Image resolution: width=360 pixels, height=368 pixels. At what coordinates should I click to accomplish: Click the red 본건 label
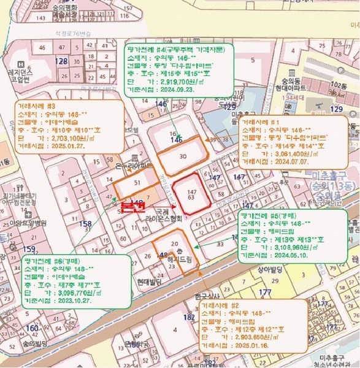point(131,207)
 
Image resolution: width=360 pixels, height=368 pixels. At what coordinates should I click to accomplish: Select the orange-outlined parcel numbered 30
point(182,156)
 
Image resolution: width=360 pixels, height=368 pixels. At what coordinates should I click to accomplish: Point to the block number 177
point(265,292)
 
